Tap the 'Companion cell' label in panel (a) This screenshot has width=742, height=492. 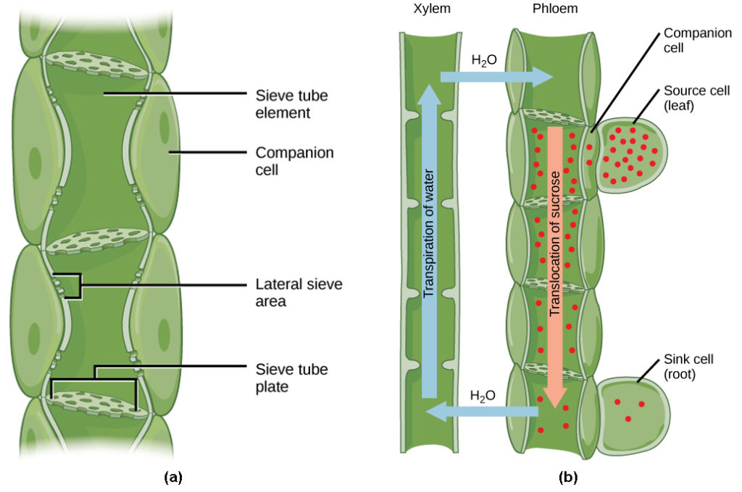coord(294,162)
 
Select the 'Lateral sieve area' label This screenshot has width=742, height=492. coord(299,292)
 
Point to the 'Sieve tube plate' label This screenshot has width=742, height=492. coord(291,378)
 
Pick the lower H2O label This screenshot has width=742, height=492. coord(482,396)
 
